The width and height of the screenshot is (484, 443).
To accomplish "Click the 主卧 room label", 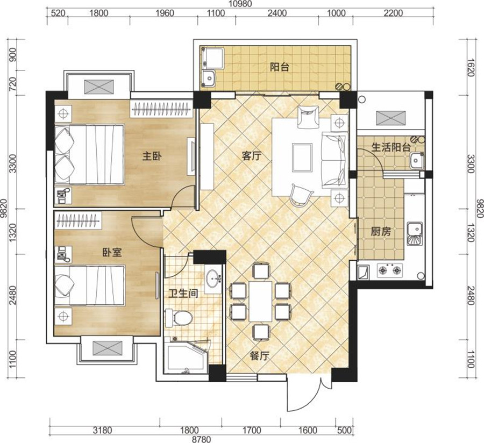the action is coord(152,156).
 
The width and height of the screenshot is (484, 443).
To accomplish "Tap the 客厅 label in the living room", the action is coord(251,156).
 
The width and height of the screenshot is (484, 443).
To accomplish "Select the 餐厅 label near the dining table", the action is coord(260,356).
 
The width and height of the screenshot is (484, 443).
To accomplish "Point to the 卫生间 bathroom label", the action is coord(183,293).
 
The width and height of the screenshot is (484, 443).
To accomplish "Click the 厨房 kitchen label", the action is coord(381,231).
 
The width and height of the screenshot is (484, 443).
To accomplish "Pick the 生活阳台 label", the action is coord(391,147).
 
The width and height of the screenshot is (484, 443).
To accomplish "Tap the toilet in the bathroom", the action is coord(179,318).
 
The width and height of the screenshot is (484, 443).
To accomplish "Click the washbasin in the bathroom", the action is coord(213,277).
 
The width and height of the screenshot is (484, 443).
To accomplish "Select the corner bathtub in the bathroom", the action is coord(186,356).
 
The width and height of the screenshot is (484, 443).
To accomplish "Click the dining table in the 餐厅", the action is coord(260,301).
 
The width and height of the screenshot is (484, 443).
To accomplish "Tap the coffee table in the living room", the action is coord(302,158).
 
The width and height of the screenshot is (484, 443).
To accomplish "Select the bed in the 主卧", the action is coord(89,154).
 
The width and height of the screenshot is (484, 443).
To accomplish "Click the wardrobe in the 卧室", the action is coord(79,220).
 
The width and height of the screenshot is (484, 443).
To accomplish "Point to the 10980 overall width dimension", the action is coord(240,4).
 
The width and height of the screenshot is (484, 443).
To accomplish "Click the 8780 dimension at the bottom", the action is coord(201,439).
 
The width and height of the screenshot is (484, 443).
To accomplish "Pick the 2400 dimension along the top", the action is coord(277,13).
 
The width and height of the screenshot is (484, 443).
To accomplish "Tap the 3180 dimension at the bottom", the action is coord(103,430).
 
